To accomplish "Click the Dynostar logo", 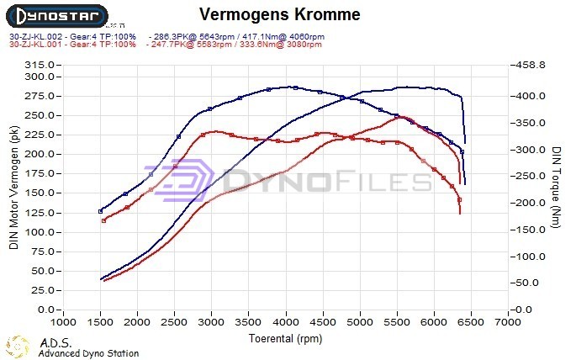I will pyautogui.click(x=57, y=16).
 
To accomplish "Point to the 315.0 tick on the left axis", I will pyautogui.click(x=40, y=65).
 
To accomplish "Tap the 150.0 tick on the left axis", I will pyautogui.click(x=40, y=193).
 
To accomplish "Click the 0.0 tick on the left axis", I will pyautogui.click(x=47, y=310).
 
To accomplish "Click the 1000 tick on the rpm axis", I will pyautogui.click(x=63, y=322).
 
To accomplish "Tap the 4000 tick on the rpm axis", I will pyautogui.click(x=286, y=322).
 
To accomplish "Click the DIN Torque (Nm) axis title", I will pyautogui.click(x=557, y=187).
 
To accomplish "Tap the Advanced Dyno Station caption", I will pyautogui.click(x=88, y=353).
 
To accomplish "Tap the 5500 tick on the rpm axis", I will pyautogui.click(x=397, y=322).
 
